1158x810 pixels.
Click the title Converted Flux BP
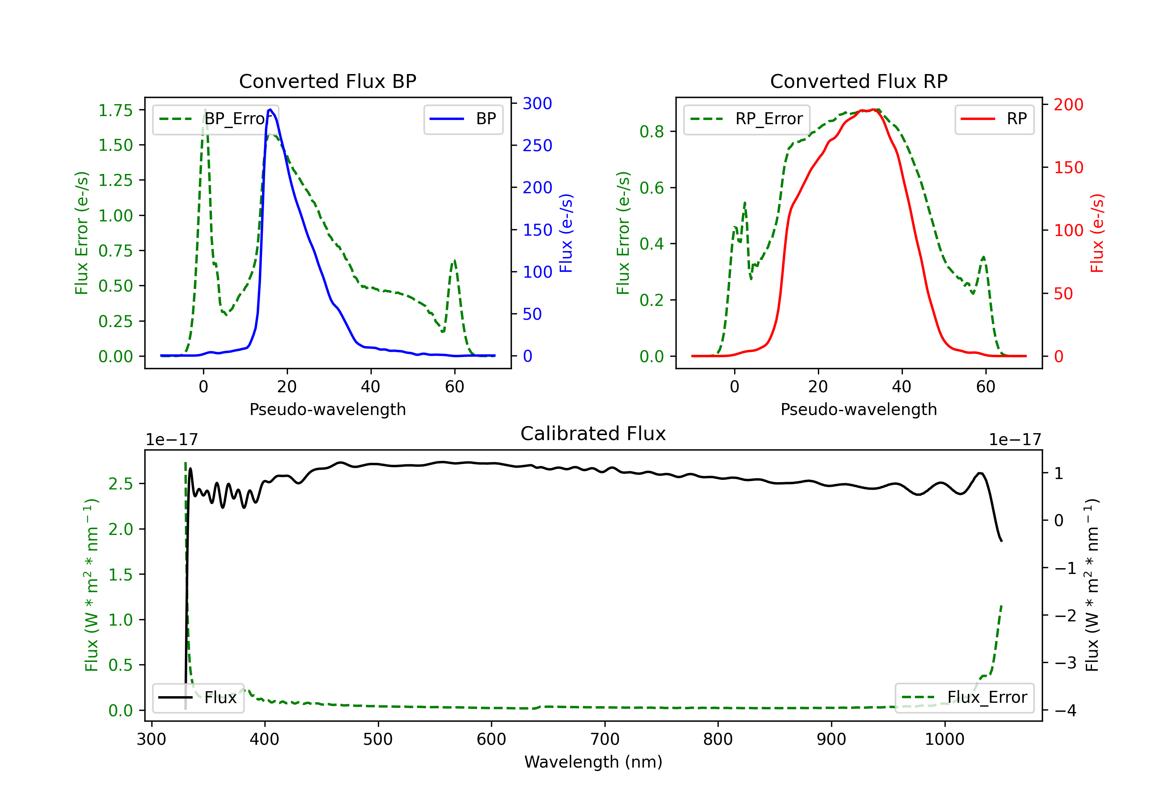pos(327,81)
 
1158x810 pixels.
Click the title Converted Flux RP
pos(858,81)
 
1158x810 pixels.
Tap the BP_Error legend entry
pos(215,119)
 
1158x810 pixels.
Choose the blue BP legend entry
pos(463,119)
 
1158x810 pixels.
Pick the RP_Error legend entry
pos(747,119)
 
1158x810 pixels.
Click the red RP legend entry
pos(994,119)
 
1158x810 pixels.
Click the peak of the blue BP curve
pos(270,110)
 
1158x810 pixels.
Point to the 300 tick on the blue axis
pos(537,103)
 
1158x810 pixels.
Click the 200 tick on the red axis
pos(1068,105)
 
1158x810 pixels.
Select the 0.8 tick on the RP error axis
pos(651,132)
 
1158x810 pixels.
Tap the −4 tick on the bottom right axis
pos(1065,711)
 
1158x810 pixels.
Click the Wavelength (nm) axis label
pos(593,762)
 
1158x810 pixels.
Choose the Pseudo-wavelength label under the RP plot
pos(858,409)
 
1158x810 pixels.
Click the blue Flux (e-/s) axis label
pos(566,233)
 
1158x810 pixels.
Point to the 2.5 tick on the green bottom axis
pos(120,484)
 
